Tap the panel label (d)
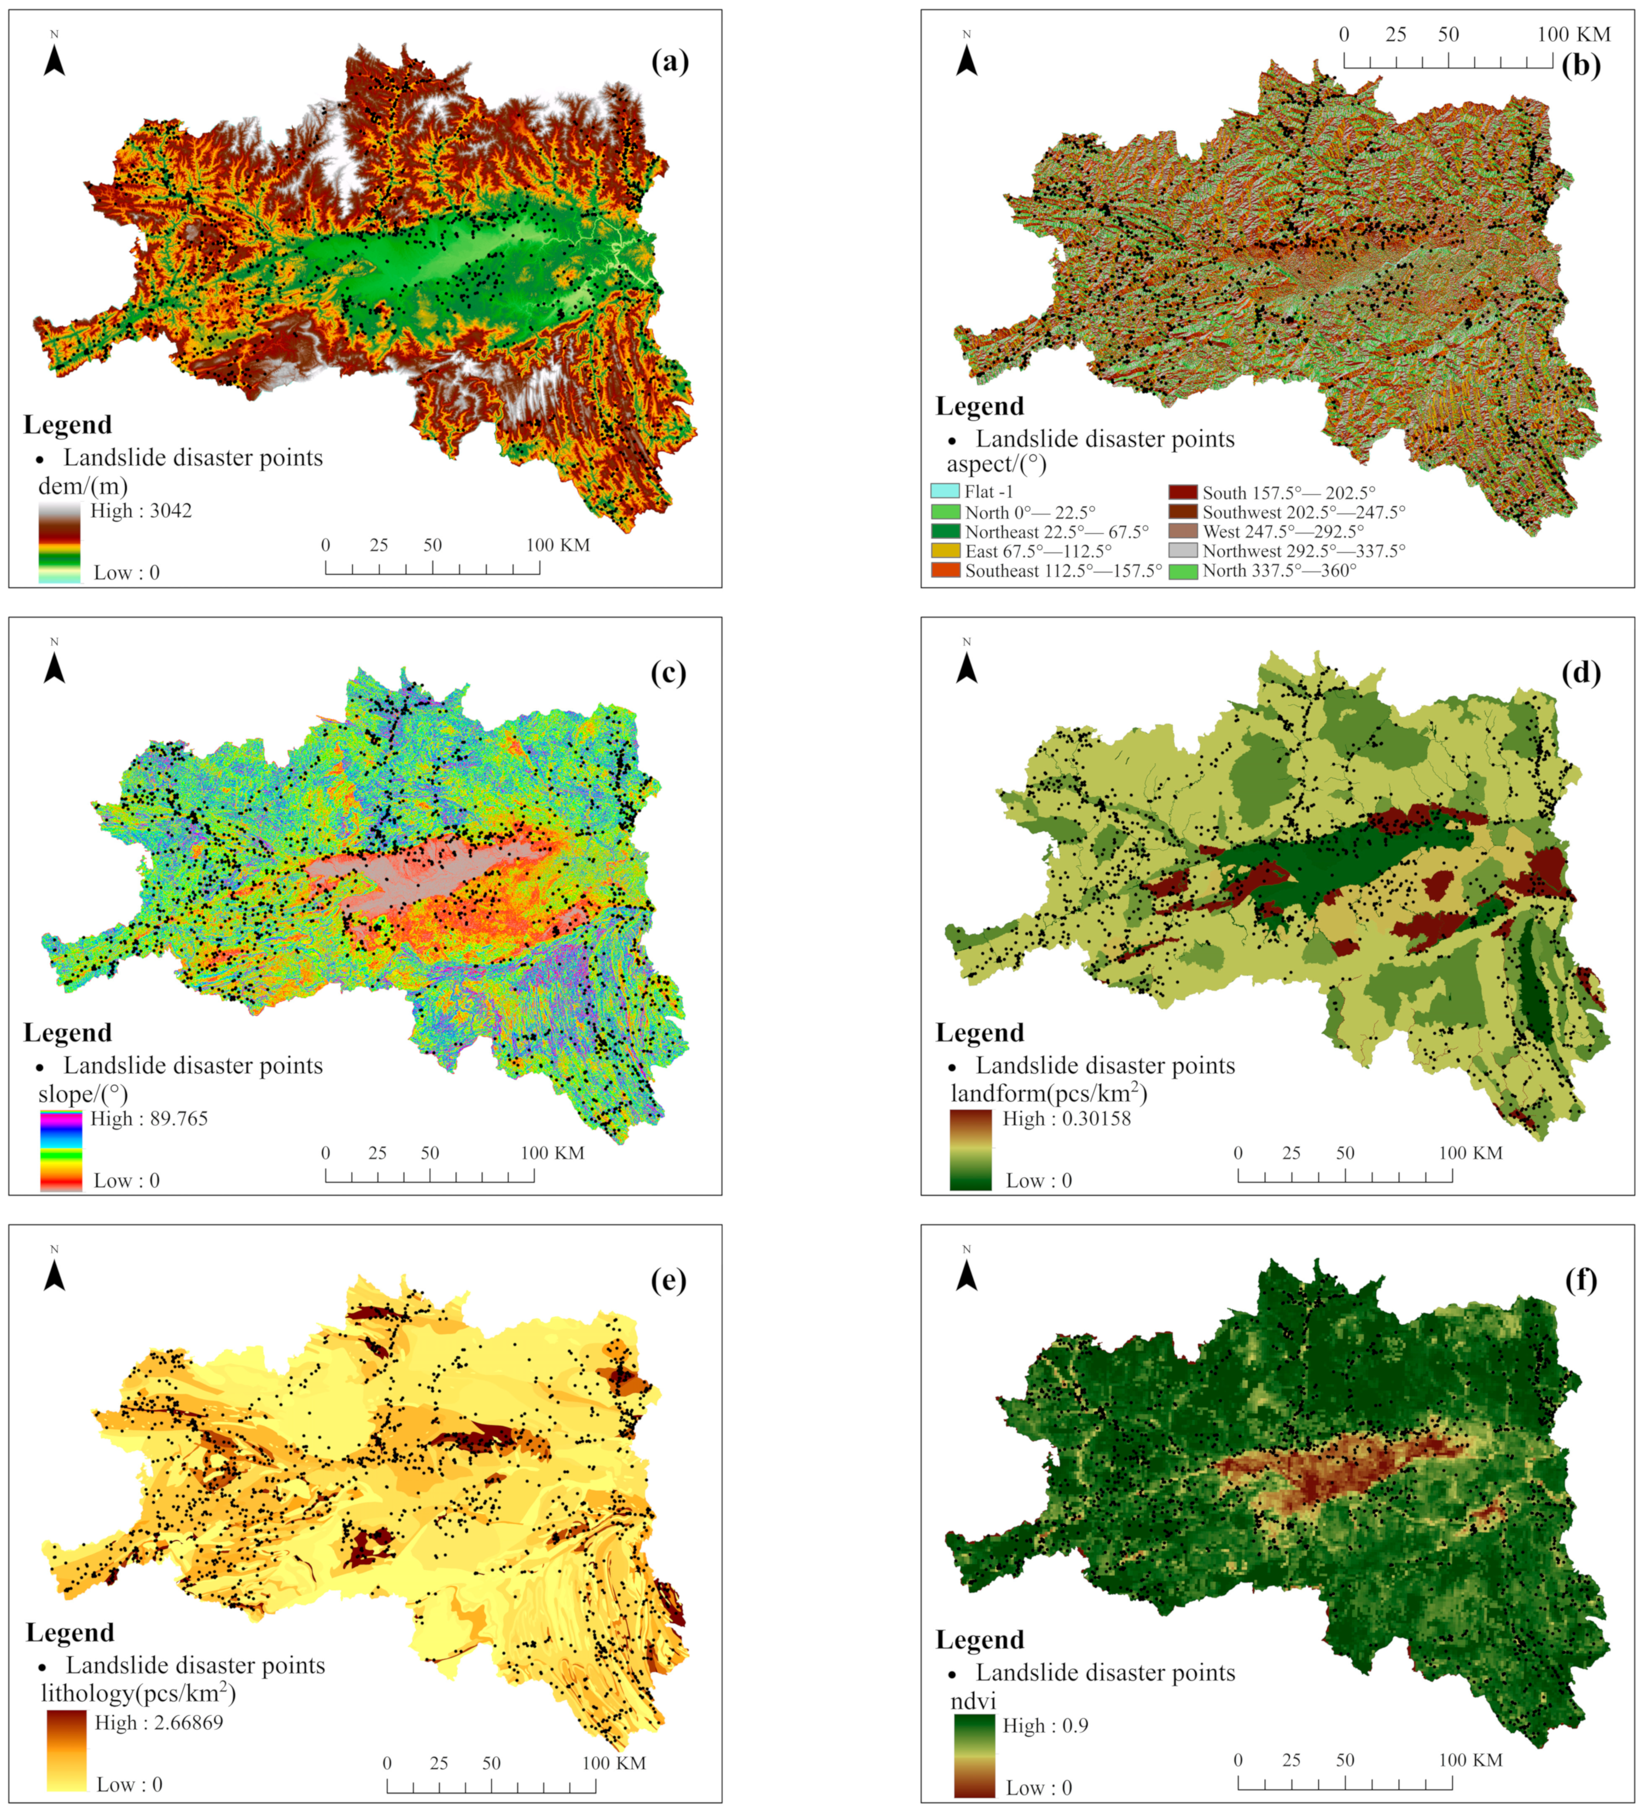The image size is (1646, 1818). [x=1581, y=672]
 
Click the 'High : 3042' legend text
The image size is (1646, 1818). [x=141, y=511]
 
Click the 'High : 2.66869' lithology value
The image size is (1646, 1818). [x=159, y=1722]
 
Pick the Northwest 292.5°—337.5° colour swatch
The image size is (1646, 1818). [x=1183, y=550]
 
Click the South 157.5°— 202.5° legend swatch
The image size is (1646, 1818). [x=1183, y=493]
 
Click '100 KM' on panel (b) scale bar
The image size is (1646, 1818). [x=1574, y=34]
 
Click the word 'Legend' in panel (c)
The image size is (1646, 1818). [x=68, y=1033]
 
